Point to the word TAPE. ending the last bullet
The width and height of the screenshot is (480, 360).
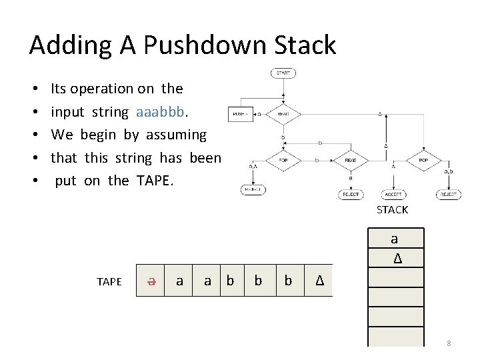point(155,181)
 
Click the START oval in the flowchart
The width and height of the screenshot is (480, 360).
point(283,73)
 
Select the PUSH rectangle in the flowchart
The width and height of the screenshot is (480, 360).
point(239,115)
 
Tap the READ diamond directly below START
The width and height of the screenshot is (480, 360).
point(283,115)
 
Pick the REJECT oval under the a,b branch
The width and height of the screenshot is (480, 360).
point(449,195)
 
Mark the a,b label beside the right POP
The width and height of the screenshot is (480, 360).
point(449,172)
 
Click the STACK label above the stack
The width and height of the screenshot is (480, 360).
point(392,210)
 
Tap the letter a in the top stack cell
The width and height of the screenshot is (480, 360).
point(394,239)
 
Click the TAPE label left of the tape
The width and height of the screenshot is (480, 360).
point(109,281)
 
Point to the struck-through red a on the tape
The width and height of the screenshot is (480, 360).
point(152,281)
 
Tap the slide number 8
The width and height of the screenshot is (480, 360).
point(449,343)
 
